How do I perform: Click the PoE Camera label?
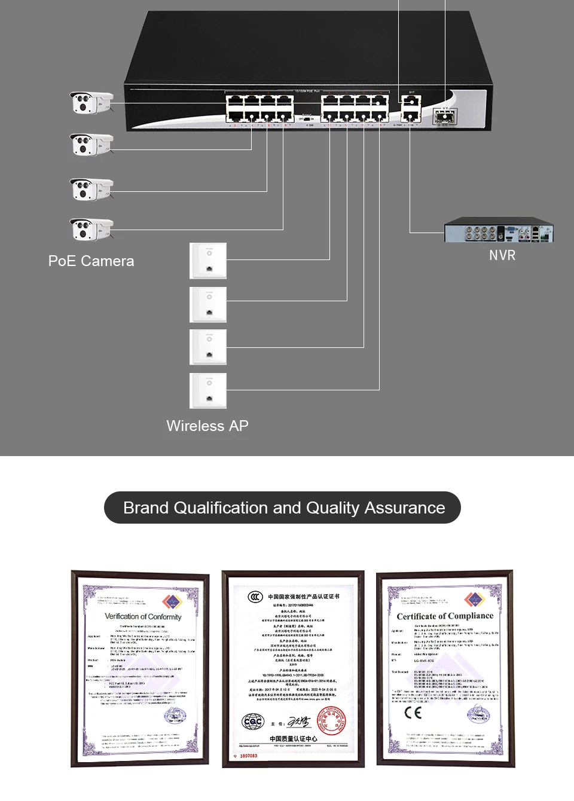91,261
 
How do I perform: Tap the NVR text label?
502,255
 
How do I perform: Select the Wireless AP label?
207,426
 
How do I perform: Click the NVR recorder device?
499,231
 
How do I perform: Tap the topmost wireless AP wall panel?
208,261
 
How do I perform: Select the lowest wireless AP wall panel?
208,390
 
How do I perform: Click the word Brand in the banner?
146,508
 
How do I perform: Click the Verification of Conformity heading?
143,616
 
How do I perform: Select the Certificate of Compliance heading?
445,616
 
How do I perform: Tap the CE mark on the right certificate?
413,712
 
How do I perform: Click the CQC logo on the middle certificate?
253,722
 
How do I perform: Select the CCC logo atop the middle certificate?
255,597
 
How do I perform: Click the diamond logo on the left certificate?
172,601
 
